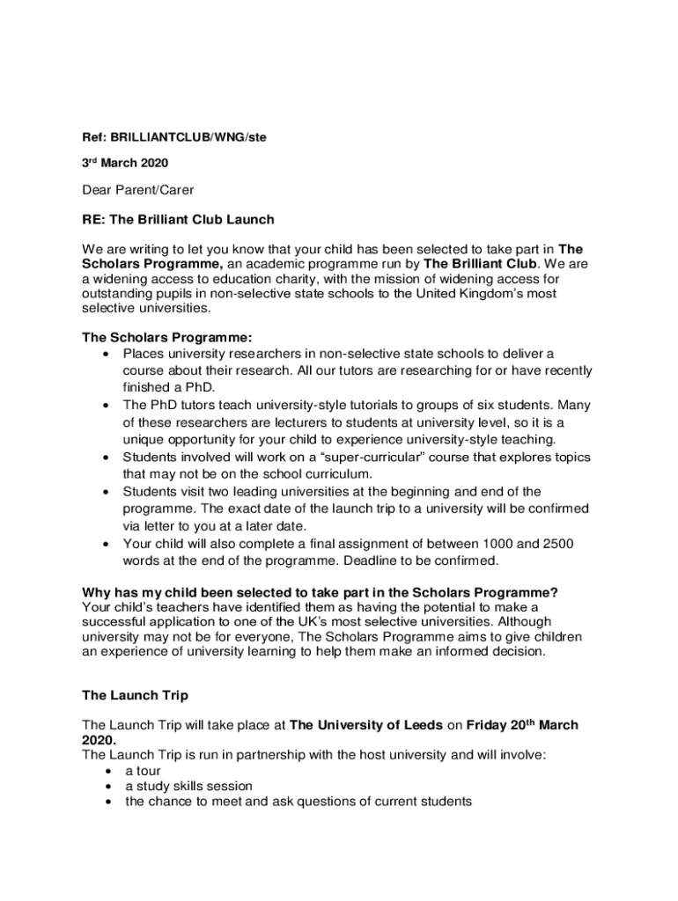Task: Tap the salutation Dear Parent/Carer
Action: tap(137, 190)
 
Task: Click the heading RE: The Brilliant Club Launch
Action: tap(178, 219)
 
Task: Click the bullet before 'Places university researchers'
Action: tap(106, 354)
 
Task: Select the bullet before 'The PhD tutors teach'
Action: tap(106, 406)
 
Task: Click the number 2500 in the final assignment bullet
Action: tap(559, 544)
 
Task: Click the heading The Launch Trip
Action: tap(135, 695)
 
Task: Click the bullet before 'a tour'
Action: tap(107, 771)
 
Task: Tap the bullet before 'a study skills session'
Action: tap(107, 787)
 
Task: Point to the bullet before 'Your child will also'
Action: tap(106, 544)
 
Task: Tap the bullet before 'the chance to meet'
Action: tap(107, 802)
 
